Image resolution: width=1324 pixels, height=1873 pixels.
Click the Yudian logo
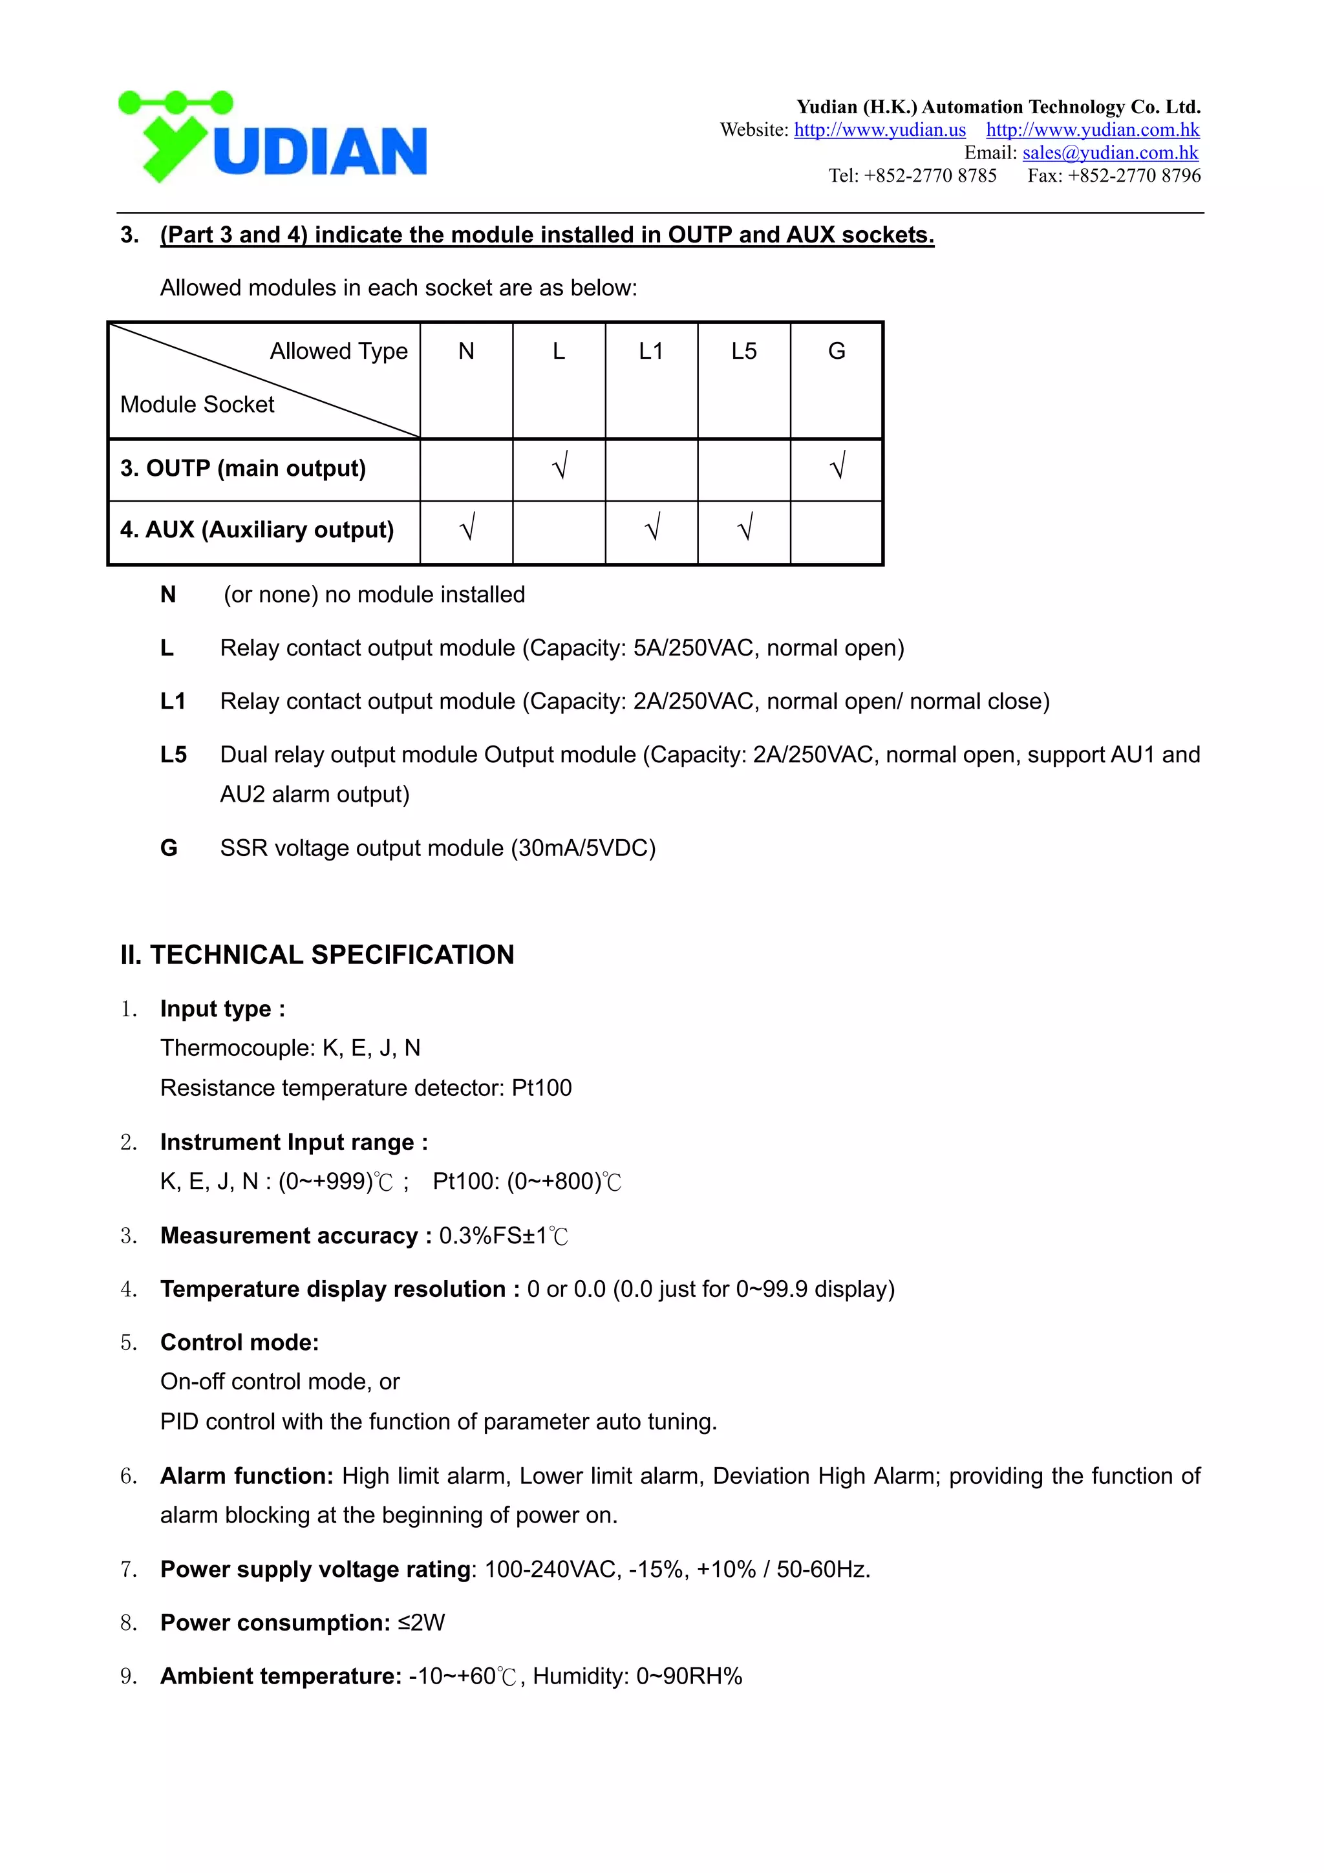point(272,137)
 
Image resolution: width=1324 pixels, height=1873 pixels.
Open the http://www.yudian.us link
point(879,130)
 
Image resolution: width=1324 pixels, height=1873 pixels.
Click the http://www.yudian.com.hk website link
point(1093,130)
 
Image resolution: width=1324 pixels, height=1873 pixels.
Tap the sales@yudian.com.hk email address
point(1109,153)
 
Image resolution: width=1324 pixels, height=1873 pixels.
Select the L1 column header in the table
point(651,351)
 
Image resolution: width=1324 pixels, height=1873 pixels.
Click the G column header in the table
point(836,351)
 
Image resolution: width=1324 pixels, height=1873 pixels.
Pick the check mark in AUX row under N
point(467,530)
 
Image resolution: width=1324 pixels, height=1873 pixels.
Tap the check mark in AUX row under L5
point(744,530)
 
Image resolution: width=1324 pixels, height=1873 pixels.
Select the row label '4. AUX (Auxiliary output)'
point(257,530)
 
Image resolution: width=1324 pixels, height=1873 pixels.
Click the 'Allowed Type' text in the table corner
point(339,351)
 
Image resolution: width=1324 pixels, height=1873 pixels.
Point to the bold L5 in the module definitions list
point(173,755)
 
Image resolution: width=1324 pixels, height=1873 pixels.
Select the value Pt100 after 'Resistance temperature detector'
point(542,1087)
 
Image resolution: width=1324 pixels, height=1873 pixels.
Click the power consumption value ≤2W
point(422,1623)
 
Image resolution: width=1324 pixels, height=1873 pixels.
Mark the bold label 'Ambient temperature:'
point(281,1676)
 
